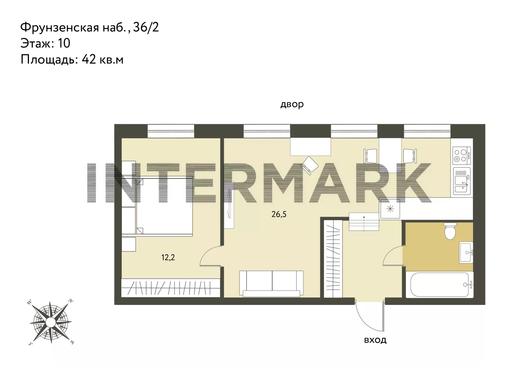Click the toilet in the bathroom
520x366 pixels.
450,231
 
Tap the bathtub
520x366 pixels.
439,284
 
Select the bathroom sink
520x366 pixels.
466,252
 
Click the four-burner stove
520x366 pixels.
462,156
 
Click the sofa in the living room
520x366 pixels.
272,284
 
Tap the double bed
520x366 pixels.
164,206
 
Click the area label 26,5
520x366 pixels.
279,214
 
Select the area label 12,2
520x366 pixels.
168,257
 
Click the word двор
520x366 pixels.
292,104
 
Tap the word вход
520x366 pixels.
375,340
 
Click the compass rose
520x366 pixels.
51,322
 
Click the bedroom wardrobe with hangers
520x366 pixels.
170,288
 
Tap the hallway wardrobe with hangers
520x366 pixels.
333,259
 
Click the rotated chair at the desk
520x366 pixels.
309,165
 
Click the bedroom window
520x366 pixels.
171,131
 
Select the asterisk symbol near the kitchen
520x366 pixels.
390,209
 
